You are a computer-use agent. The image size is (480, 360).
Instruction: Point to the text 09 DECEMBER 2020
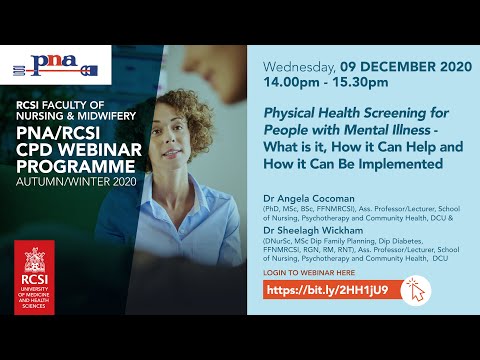click(x=401, y=69)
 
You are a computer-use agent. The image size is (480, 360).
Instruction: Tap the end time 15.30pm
click(x=375, y=87)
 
